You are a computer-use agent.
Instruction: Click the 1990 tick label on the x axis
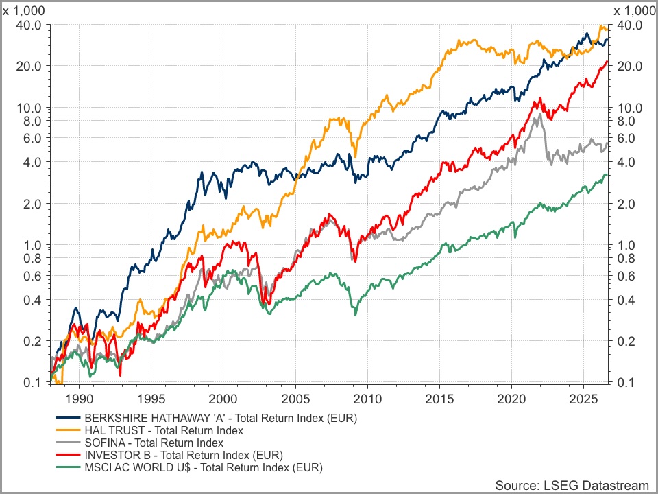click(x=79, y=399)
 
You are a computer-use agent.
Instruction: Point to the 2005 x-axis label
click(x=296, y=399)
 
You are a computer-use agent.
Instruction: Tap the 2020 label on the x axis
click(x=511, y=399)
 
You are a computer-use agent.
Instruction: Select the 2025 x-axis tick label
click(x=584, y=399)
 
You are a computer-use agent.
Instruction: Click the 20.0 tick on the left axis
click(x=29, y=66)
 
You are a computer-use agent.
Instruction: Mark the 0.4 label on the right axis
click(x=626, y=300)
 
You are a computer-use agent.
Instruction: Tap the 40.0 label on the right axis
click(x=629, y=25)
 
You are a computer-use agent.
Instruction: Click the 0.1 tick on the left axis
click(x=32, y=383)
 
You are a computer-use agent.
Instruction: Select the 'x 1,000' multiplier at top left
click(x=23, y=10)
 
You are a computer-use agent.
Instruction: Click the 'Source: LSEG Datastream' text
click(x=572, y=485)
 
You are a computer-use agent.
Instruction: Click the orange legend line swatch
click(x=68, y=430)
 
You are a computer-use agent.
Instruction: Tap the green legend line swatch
click(x=68, y=467)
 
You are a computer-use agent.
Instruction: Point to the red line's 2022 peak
click(x=539, y=98)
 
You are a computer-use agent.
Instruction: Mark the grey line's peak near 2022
click(x=539, y=114)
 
